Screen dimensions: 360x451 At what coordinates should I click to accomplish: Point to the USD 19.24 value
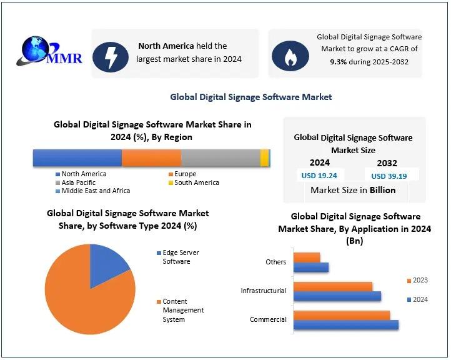(319, 176)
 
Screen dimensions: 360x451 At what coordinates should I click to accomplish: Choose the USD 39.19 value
(389, 176)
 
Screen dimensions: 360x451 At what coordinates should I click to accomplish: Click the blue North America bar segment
(77, 157)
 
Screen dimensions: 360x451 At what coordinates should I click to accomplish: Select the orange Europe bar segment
(151, 157)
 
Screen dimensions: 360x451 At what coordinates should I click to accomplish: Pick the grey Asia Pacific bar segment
(220, 157)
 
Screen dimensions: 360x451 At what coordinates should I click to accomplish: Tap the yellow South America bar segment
(264, 157)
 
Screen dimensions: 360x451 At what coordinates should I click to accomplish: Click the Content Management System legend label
(182, 310)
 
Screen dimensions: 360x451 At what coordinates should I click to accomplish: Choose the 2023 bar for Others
(306, 257)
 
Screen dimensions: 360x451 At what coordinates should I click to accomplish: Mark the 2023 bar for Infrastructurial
(332, 286)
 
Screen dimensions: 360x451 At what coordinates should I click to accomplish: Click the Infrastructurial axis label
(264, 291)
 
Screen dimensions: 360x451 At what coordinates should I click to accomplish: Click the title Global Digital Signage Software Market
(251, 97)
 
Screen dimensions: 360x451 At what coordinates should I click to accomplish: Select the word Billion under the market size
(382, 190)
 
